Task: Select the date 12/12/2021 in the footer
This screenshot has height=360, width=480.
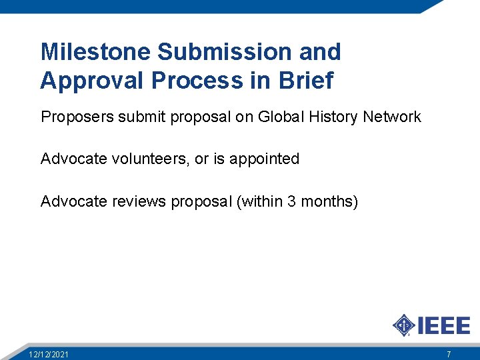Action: pos(48,354)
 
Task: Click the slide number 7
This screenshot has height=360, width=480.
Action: pos(449,354)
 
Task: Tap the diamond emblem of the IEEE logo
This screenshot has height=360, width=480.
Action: pos(404,325)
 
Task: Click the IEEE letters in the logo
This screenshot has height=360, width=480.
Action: pos(444,325)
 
